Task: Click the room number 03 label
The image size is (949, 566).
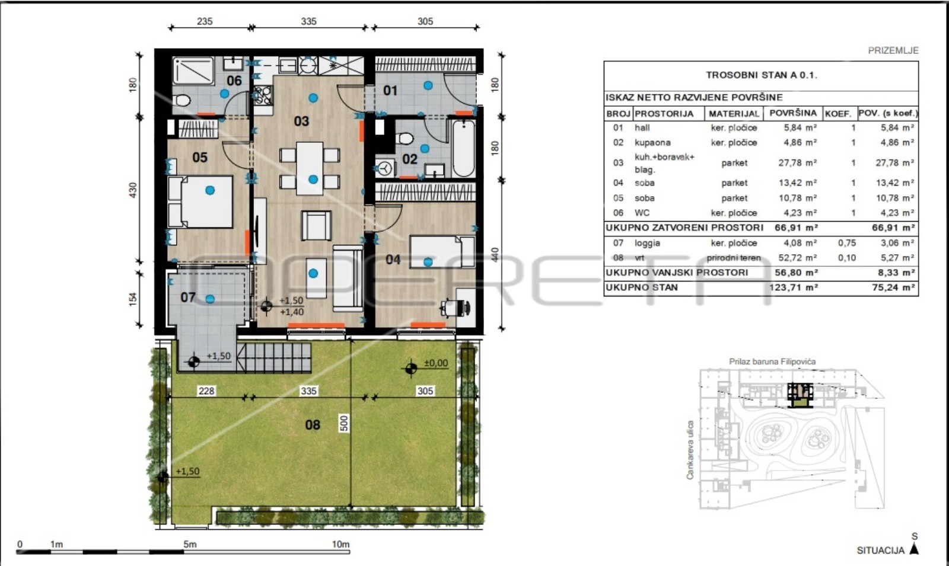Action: (301, 121)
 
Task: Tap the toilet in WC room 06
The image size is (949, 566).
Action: (181, 101)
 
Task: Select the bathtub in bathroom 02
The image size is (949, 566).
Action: (463, 149)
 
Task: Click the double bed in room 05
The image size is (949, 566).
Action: (200, 202)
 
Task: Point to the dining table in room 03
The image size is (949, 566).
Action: (310, 168)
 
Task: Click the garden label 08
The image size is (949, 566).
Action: (313, 425)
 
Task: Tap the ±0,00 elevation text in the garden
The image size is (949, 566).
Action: (436, 363)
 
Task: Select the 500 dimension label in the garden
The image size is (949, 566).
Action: (344, 423)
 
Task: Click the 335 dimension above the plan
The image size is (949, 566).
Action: (308, 21)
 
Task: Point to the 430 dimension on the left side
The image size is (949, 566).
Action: (133, 190)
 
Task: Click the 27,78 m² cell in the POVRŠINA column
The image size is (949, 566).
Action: (797, 163)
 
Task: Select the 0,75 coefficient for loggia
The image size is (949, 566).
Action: (847, 243)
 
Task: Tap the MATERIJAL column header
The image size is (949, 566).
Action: (734, 114)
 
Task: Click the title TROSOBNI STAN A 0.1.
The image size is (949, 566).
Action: (762, 75)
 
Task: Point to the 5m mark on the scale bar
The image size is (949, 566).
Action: (190, 545)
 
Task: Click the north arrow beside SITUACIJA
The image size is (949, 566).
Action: (914, 549)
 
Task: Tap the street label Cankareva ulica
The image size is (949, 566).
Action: (690, 450)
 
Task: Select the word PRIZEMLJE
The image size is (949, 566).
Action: (893, 51)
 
